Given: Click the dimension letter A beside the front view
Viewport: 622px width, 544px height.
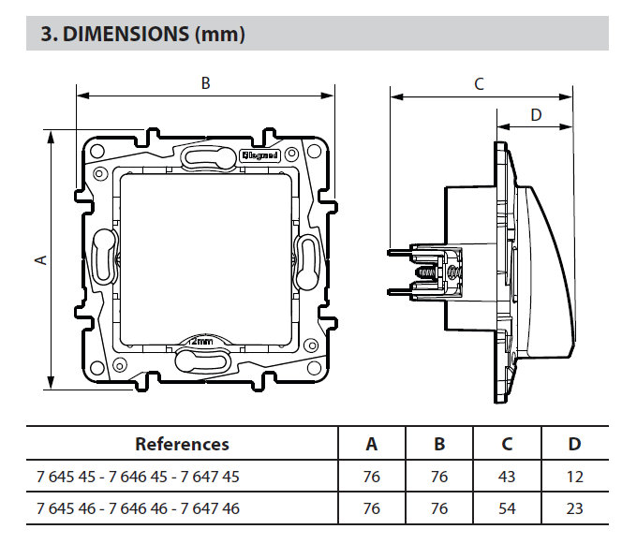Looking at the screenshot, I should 40,259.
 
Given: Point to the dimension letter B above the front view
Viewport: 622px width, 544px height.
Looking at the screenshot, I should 206,83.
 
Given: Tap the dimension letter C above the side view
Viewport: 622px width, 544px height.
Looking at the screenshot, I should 479,84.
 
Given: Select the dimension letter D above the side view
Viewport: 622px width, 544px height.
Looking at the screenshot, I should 535,115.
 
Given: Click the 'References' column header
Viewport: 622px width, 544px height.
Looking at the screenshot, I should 182,444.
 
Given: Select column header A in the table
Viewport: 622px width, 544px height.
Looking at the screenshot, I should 371,444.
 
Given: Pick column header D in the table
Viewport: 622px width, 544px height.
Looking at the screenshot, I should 574,444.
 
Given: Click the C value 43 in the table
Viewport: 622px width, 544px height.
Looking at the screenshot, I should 507,477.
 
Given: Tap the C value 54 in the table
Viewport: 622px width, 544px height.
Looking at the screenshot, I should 507,508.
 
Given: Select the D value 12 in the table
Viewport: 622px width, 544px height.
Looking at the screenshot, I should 574,477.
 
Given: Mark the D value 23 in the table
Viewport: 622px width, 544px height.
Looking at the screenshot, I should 574,508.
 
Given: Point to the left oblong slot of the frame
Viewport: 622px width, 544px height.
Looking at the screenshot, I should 105,254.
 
